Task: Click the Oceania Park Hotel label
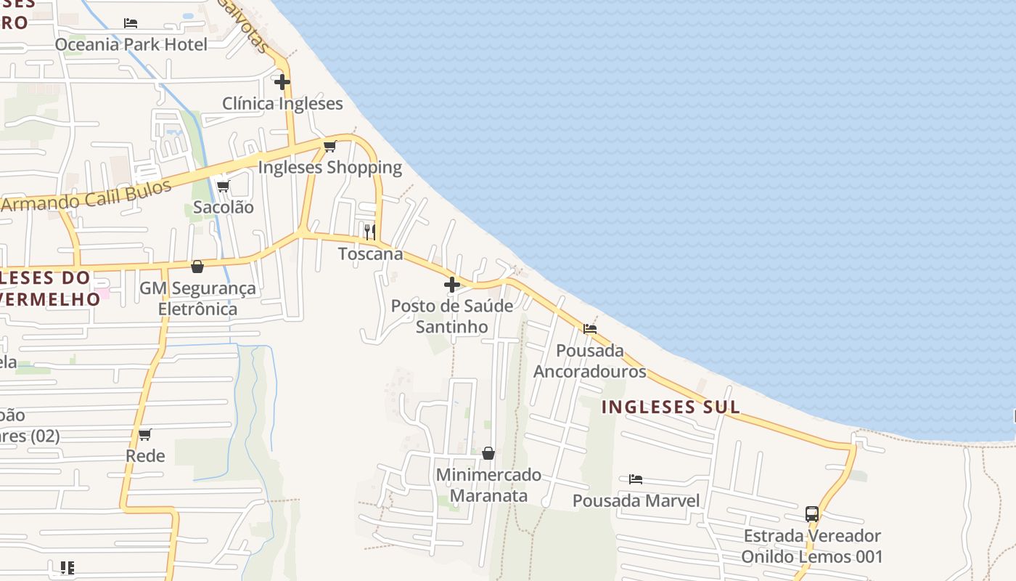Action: (x=131, y=44)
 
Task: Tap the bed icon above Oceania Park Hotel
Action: (x=131, y=23)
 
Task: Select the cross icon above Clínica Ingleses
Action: (x=282, y=82)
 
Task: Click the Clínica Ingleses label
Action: (x=282, y=103)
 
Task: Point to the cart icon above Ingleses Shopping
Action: (x=330, y=147)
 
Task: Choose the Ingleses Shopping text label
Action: (x=330, y=168)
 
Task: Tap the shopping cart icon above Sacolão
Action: (x=224, y=186)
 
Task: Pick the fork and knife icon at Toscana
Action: (x=370, y=232)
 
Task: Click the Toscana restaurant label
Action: (x=370, y=254)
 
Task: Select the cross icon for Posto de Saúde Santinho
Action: (x=452, y=285)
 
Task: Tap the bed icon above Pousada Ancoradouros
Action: (x=590, y=329)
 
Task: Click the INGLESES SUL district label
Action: (x=671, y=407)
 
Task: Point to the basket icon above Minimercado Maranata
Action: (x=488, y=453)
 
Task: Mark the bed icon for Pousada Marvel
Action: (x=636, y=479)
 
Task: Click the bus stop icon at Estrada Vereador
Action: (x=812, y=514)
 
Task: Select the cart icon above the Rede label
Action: (x=145, y=435)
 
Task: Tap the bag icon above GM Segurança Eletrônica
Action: (x=197, y=267)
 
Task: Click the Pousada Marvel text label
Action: (x=636, y=501)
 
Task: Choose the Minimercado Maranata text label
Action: (x=488, y=485)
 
